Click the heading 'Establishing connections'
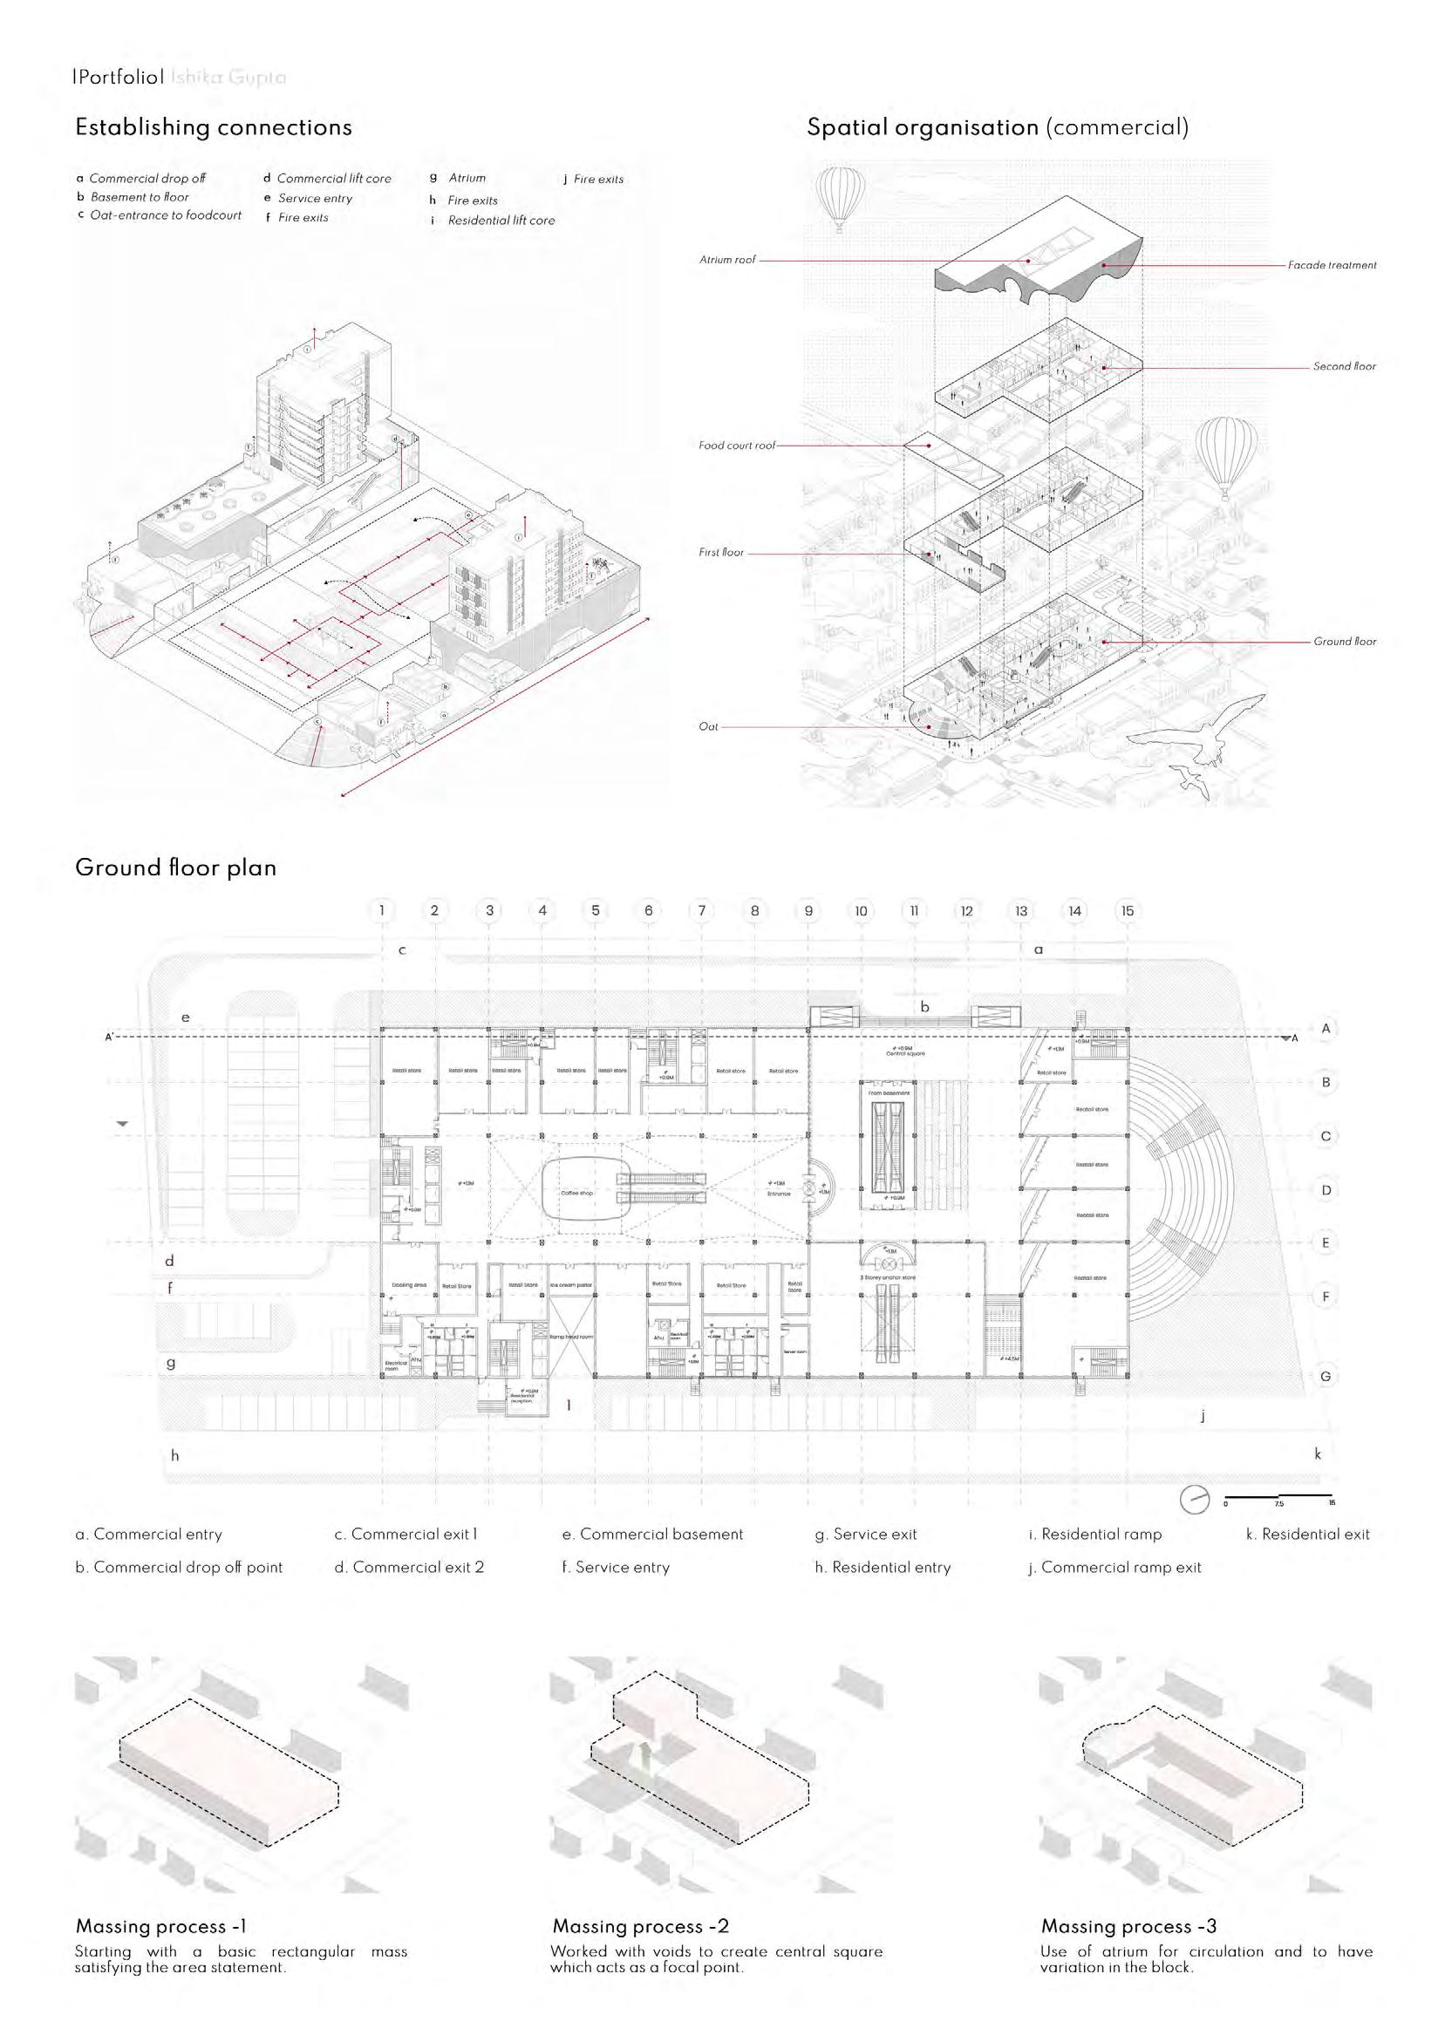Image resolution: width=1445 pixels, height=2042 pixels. click(214, 128)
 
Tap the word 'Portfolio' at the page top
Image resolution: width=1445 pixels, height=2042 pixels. click(119, 78)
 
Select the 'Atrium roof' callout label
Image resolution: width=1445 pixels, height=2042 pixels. click(727, 260)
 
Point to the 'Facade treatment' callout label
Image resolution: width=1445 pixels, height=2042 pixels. click(1331, 265)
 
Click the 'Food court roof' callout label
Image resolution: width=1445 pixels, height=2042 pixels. click(737, 446)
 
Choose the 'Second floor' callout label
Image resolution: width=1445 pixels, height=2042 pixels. click(1344, 366)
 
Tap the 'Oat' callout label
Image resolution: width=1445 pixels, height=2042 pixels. click(708, 726)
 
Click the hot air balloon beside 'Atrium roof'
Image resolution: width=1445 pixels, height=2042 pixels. click(838, 198)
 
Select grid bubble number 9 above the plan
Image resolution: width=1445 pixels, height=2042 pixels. click(808, 911)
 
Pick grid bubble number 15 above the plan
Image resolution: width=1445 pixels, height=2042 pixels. click(1128, 911)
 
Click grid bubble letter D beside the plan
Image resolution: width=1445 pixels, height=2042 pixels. click(1325, 1190)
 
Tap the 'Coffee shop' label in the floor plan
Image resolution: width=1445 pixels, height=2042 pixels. click(576, 1193)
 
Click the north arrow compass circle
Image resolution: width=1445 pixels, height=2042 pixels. click(1195, 1500)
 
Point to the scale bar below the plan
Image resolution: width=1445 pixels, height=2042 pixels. click(1278, 1496)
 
